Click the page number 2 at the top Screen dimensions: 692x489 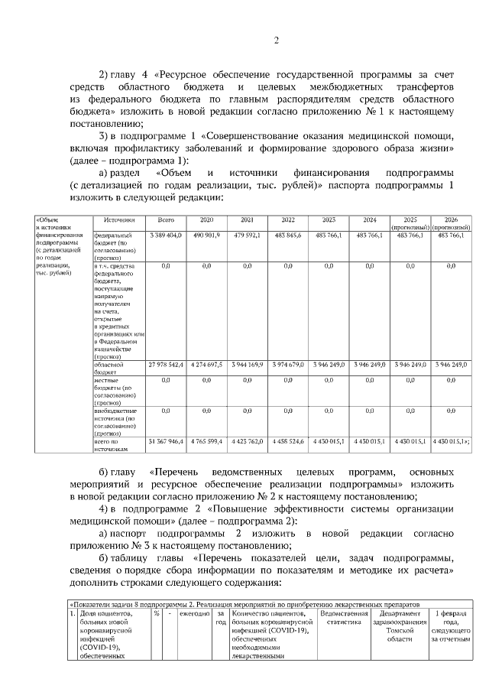click(x=276, y=41)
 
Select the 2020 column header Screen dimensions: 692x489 click(x=206, y=219)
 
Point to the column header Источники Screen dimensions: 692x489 click(x=119, y=219)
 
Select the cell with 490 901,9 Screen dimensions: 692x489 click(x=206, y=235)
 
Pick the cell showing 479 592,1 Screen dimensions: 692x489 click(x=247, y=235)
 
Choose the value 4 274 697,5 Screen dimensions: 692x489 click(x=206, y=365)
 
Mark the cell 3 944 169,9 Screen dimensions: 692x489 click(x=247, y=365)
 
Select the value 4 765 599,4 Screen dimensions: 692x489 click(x=206, y=441)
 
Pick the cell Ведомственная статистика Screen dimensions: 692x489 click(x=344, y=619)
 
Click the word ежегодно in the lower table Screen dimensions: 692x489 click(x=194, y=614)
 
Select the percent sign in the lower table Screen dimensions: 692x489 click(x=156, y=614)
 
